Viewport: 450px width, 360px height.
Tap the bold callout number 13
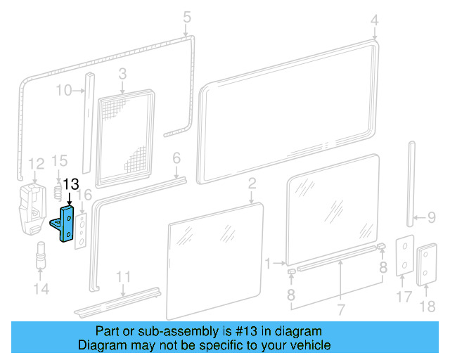pos(72,185)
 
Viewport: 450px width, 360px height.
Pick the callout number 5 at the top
pos(186,16)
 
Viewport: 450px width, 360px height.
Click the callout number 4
pos(374,19)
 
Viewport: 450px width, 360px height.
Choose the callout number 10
pos(63,90)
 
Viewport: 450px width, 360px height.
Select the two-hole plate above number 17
pos(404,256)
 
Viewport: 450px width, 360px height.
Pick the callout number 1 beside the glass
pos(267,264)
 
